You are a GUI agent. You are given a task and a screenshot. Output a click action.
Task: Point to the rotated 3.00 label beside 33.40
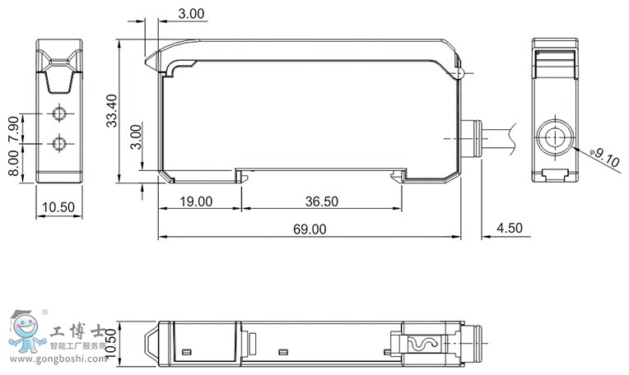click(137, 137)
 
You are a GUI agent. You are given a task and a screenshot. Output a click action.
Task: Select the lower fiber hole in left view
click(58, 145)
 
